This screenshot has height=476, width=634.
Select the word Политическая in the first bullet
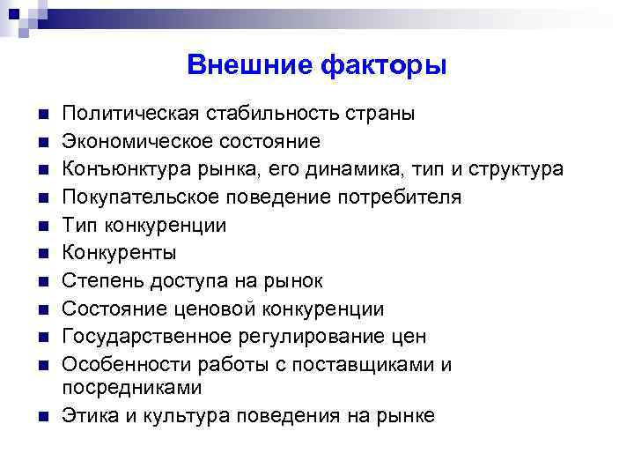coord(129,114)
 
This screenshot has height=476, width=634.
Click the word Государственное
coord(144,337)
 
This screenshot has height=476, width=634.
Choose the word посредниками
coord(131,388)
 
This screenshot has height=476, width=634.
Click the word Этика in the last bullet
coord(86,416)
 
